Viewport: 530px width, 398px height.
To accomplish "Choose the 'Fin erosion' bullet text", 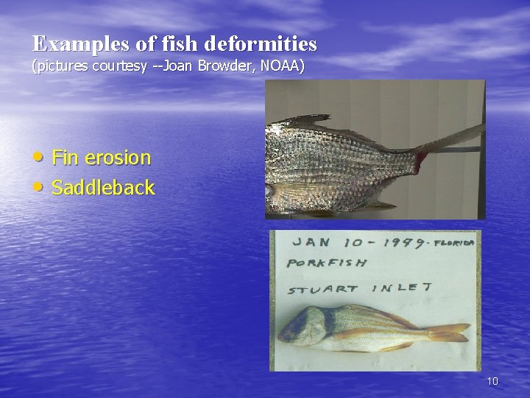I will pos(101,158).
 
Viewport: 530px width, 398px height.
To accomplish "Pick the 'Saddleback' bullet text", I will pos(103,188).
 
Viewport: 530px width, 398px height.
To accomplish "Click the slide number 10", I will pos(492,381).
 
